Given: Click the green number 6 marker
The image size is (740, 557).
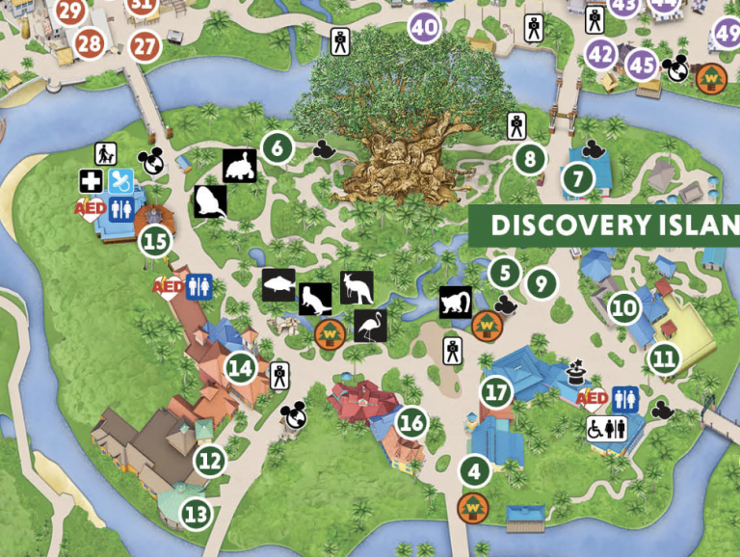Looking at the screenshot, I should click(x=277, y=149).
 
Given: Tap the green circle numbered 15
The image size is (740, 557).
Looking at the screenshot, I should click(x=155, y=241).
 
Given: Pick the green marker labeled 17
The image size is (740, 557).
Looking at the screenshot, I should click(x=497, y=392).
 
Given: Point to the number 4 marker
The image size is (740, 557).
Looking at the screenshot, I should click(x=474, y=472).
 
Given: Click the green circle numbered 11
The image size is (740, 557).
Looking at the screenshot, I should click(x=663, y=359).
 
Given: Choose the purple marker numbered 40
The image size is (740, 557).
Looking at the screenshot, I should click(x=424, y=27).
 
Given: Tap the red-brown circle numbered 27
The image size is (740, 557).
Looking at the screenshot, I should click(x=145, y=45).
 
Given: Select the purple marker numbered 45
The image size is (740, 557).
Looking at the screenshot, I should click(x=642, y=66).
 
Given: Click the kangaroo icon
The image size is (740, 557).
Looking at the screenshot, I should click(x=357, y=287).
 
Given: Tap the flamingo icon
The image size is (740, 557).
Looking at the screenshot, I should click(x=370, y=326).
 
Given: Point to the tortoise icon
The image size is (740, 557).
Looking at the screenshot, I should click(x=240, y=166).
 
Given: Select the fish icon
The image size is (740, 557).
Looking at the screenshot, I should click(x=277, y=284).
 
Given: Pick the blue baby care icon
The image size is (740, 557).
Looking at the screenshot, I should click(x=120, y=180).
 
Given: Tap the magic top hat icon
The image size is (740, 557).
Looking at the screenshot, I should click(x=577, y=371).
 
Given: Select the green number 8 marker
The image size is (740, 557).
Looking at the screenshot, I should click(x=529, y=159).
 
